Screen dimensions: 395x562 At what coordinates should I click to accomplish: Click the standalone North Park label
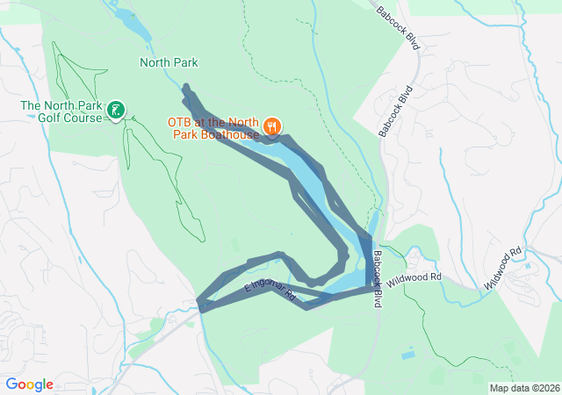(169, 62)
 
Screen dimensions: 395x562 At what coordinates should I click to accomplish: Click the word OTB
(180, 123)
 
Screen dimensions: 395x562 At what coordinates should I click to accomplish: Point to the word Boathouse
(230, 135)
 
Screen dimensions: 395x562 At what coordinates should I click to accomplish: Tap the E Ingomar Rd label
(268, 294)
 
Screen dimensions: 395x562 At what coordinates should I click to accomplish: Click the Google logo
(29, 384)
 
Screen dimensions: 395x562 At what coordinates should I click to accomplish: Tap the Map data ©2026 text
(523, 388)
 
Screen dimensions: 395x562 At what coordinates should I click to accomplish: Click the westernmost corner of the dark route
(202, 306)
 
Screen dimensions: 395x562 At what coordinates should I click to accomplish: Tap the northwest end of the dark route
(186, 87)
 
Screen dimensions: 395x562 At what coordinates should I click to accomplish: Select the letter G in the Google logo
(12, 384)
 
